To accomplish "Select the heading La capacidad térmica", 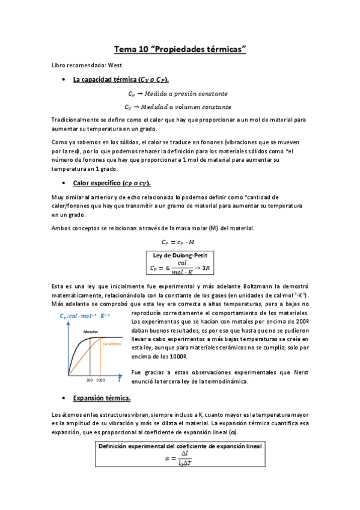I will (x=120, y=80).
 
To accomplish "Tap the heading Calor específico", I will (x=111, y=183).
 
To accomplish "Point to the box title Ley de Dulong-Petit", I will (x=180, y=255).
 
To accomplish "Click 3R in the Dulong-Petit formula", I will (x=206, y=268).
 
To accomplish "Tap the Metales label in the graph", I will (x=91, y=331).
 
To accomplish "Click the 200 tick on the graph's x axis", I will (x=90, y=381).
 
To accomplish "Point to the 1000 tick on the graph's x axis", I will (x=100, y=381).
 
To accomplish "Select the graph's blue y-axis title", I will (x=84, y=317).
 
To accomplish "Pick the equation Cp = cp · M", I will (x=180, y=242).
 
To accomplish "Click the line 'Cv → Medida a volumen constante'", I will (x=180, y=107).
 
